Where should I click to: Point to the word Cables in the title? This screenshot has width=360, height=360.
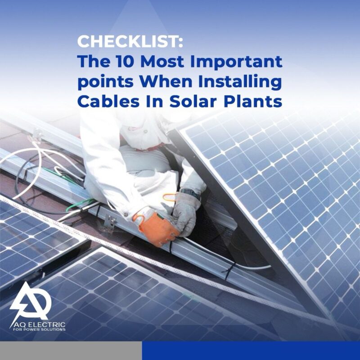(108, 101)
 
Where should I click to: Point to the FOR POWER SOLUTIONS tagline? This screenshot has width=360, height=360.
(39, 330)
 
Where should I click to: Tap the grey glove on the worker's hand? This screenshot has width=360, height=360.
(186, 213)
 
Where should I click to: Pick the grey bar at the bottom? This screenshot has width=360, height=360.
(71, 351)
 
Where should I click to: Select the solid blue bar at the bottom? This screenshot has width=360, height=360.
(251, 351)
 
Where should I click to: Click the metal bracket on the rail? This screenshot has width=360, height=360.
(110, 221)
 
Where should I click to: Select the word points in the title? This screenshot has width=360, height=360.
(106, 83)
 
